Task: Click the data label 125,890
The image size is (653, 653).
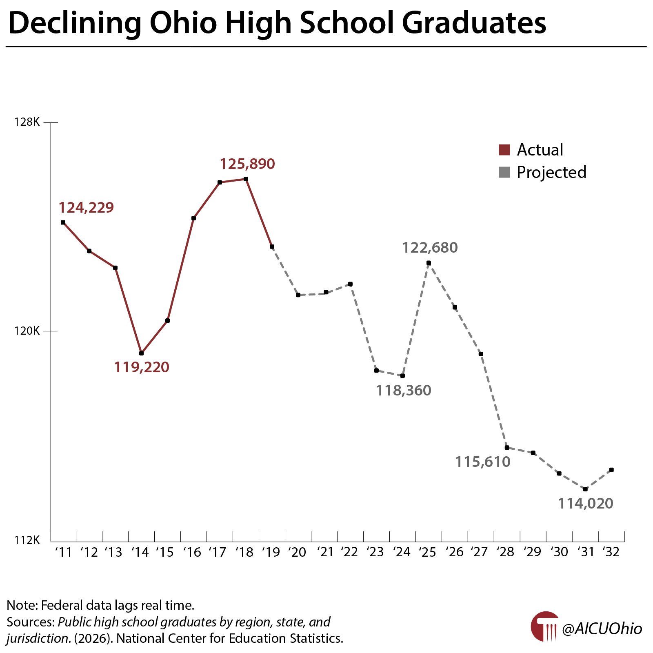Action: (x=247, y=164)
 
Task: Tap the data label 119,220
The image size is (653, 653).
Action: (x=141, y=367)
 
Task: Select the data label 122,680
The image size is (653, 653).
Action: (x=430, y=248)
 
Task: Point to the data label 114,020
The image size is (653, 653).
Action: (x=585, y=504)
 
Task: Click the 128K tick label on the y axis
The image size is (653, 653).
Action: (x=27, y=122)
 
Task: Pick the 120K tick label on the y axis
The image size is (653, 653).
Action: (x=27, y=331)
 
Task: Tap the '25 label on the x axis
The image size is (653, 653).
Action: (x=427, y=552)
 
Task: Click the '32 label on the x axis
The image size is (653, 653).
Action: (x=611, y=552)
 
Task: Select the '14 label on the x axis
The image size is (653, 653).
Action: (x=140, y=552)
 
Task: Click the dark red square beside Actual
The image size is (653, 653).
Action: (x=504, y=150)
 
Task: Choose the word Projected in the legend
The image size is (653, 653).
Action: (x=551, y=172)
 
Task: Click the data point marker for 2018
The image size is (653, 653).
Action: (x=246, y=179)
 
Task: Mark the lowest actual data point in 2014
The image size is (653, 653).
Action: (x=141, y=353)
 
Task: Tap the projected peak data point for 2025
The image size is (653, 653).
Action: (x=429, y=263)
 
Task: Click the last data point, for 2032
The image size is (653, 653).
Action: (x=611, y=470)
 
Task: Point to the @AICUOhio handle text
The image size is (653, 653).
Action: (x=602, y=629)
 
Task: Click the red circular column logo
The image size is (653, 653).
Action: (x=544, y=627)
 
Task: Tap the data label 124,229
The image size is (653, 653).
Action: (x=86, y=208)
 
